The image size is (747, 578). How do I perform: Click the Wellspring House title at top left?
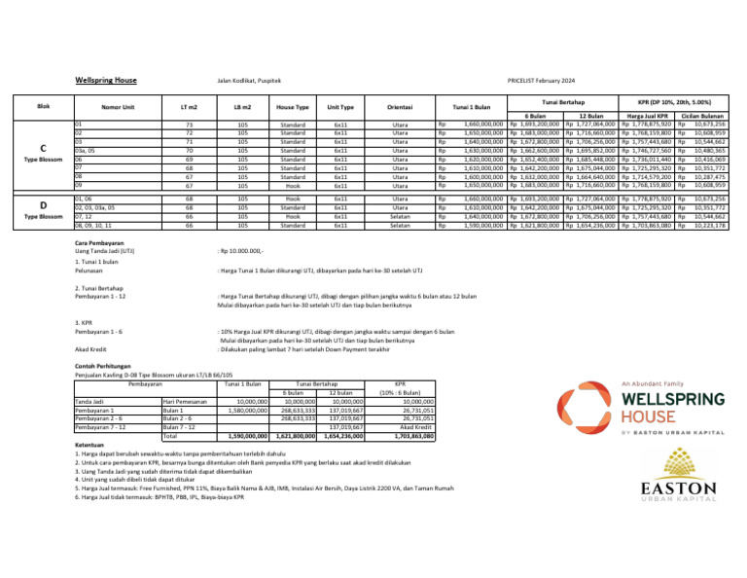105,80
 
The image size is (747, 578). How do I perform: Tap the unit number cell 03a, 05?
87,150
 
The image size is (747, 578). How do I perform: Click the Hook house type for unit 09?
292,183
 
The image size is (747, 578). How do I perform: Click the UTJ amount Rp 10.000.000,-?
246,252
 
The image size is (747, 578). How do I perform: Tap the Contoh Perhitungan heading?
101,366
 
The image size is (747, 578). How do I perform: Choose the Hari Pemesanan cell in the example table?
183,400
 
